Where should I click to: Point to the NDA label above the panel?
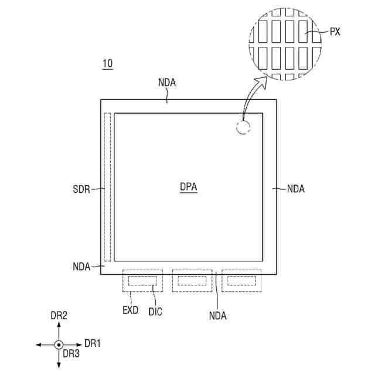[x=166, y=84]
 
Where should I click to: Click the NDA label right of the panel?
[x=295, y=189]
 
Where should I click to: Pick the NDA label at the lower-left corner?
[x=81, y=267]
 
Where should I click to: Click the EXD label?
[x=130, y=311]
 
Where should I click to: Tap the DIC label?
[x=155, y=312]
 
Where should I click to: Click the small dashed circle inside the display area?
[x=243, y=127]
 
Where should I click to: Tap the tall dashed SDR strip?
[x=107, y=187]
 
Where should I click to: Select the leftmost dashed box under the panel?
[x=142, y=281]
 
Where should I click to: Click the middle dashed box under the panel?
[x=192, y=281]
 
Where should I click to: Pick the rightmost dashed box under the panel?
[x=241, y=281]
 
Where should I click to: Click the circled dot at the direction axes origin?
[x=59, y=345]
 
